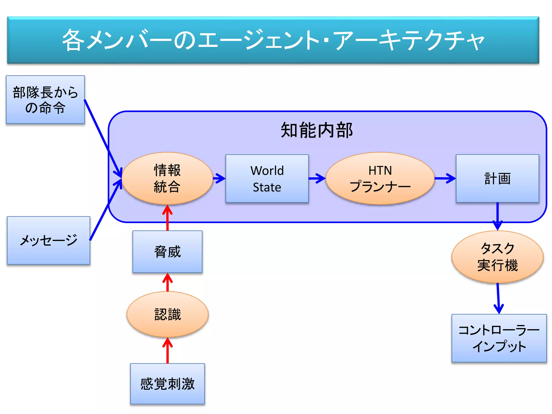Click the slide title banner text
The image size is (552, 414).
coord(273,40)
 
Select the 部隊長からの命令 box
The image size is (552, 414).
coord(45,100)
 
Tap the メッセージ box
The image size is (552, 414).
coord(49,240)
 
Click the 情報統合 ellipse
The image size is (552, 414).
coord(167,178)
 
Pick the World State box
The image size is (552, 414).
coord(267,178)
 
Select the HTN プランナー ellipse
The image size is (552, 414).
coord(380,178)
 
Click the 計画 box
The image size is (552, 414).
coord(497,178)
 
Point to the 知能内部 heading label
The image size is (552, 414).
coord(317,130)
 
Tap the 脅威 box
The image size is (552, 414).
coord(167,251)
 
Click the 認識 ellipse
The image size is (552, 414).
coord(167,314)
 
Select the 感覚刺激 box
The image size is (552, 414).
coord(167,384)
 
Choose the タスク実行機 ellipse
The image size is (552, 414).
coord(497,257)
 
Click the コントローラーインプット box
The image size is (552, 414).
coord(499,338)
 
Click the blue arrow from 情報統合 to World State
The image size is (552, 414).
coord(219,178)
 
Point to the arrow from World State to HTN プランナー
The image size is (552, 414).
coord(317,178)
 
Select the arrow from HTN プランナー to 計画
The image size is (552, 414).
coord(445,178)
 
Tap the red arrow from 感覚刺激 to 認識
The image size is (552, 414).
coord(167,350)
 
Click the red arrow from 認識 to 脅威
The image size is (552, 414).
coord(167,282)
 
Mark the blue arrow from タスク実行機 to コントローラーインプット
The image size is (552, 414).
coord(498,298)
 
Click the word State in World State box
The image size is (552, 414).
coord(267,187)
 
